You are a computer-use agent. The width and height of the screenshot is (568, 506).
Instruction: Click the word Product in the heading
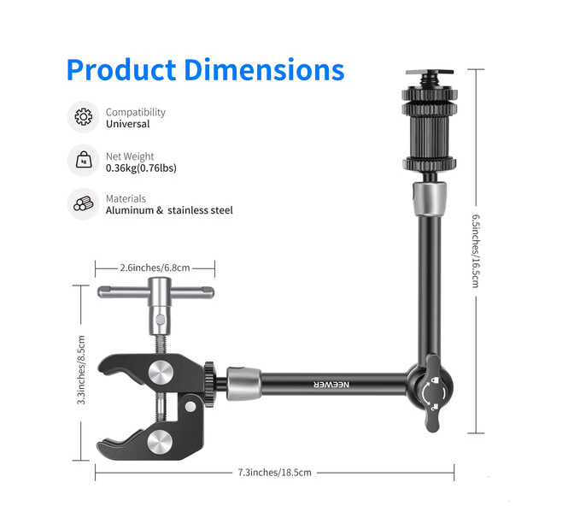[121, 69]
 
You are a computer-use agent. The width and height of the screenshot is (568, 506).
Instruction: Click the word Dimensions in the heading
[265, 69]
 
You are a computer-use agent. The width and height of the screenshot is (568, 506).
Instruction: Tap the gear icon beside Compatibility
[84, 117]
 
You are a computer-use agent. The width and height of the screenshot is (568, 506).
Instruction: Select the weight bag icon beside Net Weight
[84, 160]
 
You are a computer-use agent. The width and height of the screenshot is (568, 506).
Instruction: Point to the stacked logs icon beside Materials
[84, 203]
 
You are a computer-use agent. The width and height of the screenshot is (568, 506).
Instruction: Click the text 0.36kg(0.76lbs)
[141, 168]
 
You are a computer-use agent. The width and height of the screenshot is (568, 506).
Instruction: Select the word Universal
[127, 124]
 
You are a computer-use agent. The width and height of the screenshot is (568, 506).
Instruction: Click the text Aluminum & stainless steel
[169, 210]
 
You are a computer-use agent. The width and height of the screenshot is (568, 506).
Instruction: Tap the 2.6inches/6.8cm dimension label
[155, 268]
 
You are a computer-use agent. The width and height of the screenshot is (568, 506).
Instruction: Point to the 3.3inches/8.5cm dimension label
[81, 370]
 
